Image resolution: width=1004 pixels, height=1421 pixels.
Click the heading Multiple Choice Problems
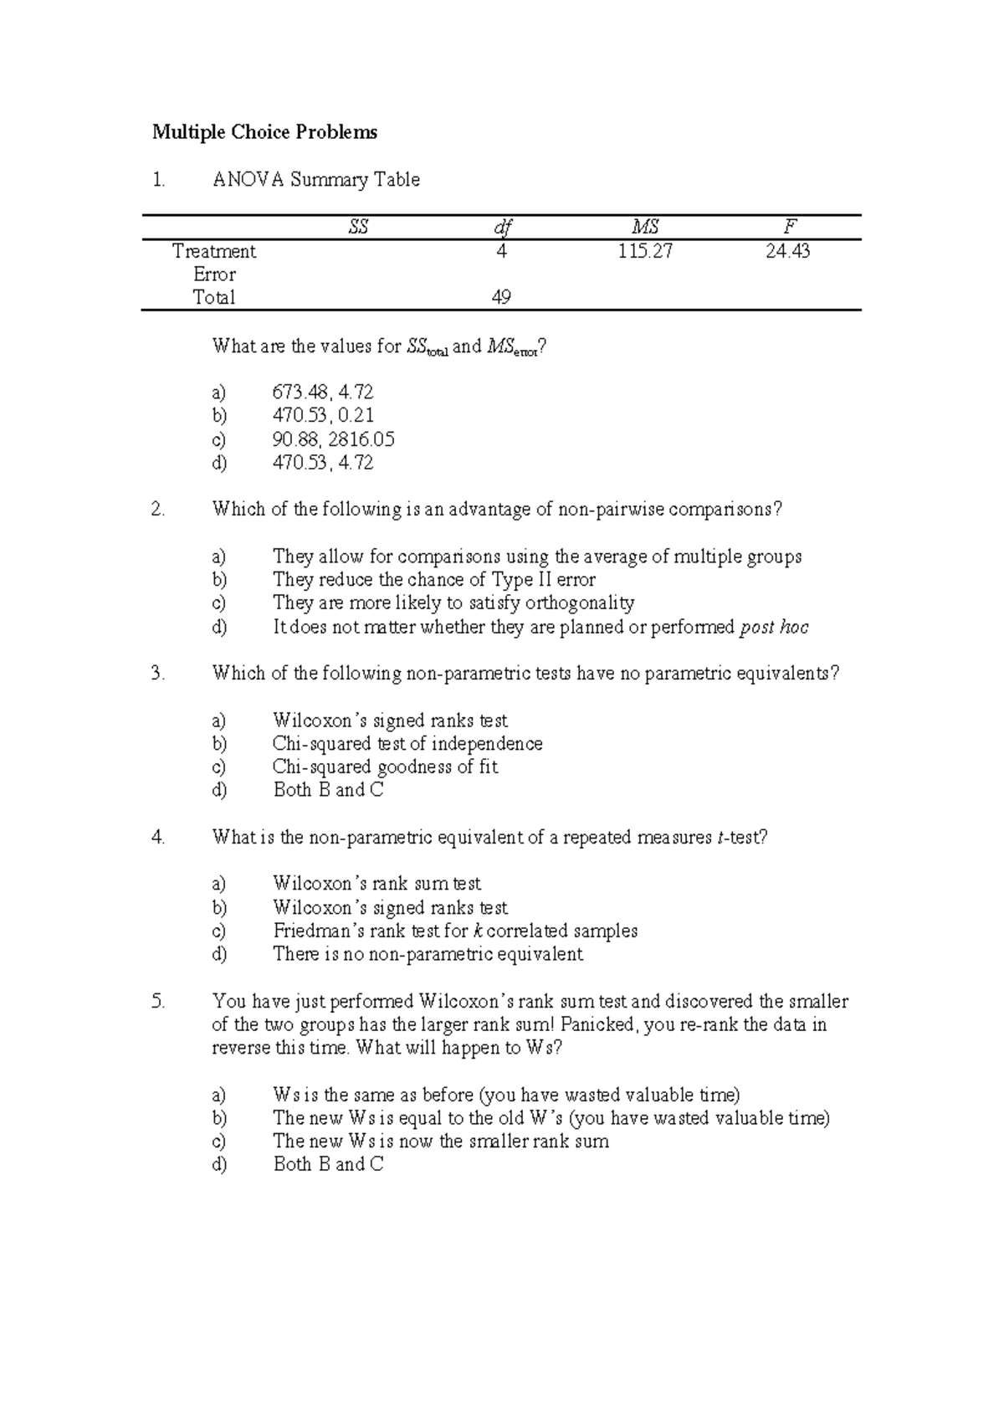(x=264, y=132)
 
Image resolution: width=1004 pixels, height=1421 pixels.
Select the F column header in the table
(x=788, y=227)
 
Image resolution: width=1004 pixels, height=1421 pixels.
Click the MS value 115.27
(x=645, y=251)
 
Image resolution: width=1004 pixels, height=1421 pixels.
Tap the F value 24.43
(x=788, y=251)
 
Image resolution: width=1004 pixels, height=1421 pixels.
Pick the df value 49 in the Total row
(x=501, y=297)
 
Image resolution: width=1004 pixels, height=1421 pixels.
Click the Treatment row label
(x=214, y=251)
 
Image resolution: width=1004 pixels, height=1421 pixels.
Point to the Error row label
(x=214, y=274)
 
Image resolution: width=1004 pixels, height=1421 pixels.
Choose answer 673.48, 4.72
(x=323, y=392)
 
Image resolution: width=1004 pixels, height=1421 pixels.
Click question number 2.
(x=158, y=509)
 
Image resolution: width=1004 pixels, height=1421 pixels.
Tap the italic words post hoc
(x=775, y=628)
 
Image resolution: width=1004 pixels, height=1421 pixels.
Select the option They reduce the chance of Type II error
(x=434, y=580)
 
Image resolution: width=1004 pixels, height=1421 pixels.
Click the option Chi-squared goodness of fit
(x=385, y=767)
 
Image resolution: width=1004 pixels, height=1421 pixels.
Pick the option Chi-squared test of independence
(x=407, y=743)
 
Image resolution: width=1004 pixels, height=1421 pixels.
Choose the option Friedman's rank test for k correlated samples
(x=455, y=931)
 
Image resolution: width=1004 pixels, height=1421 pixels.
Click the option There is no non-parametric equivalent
(x=428, y=954)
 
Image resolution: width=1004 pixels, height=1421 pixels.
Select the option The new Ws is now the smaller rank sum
(x=441, y=1141)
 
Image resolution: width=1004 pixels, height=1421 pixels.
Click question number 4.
(x=158, y=837)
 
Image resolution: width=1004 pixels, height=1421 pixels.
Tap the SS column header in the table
(x=358, y=227)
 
